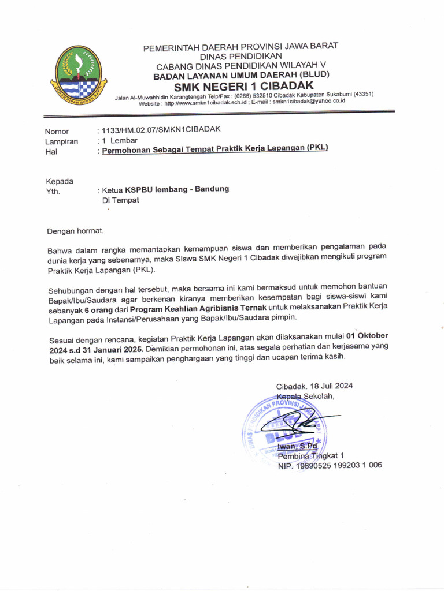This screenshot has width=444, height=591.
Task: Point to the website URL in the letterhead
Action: pos(202,103)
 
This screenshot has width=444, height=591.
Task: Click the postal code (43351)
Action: pos(363,94)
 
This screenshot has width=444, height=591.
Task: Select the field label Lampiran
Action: pos(61,141)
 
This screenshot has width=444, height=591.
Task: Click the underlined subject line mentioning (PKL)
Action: pos(215,149)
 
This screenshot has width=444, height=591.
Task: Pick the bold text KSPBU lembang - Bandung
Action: pos(177,189)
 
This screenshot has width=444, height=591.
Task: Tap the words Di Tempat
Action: pos(120,200)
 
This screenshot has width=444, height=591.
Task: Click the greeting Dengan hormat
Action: pos(76,231)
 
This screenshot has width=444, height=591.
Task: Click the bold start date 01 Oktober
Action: pos(367,335)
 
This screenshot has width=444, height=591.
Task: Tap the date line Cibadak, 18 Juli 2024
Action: pos(314,386)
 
